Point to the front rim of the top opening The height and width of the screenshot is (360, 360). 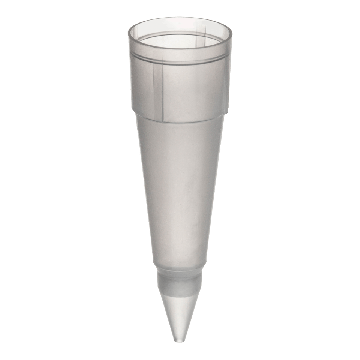pos(180,50)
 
